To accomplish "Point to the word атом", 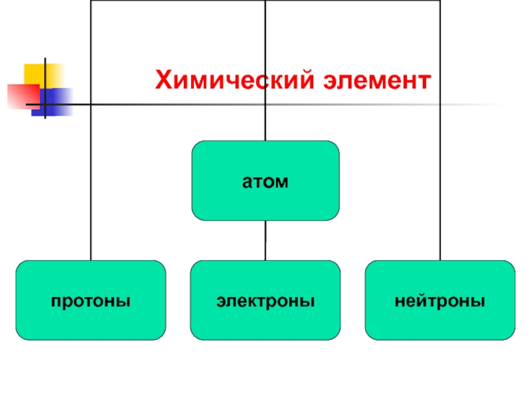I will tap(265, 181).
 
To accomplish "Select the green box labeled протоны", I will tap(91, 319).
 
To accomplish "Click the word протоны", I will tap(91, 301).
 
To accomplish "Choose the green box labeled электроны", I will tap(265, 319).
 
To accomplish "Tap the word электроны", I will tap(265, 301).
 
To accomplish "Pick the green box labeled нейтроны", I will tap(440, 319).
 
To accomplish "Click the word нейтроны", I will tap(440, 301).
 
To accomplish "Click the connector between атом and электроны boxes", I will tap(265, 240).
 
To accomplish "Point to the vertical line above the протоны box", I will tap(91, 186).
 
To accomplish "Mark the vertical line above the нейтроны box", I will tap(440, 186).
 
